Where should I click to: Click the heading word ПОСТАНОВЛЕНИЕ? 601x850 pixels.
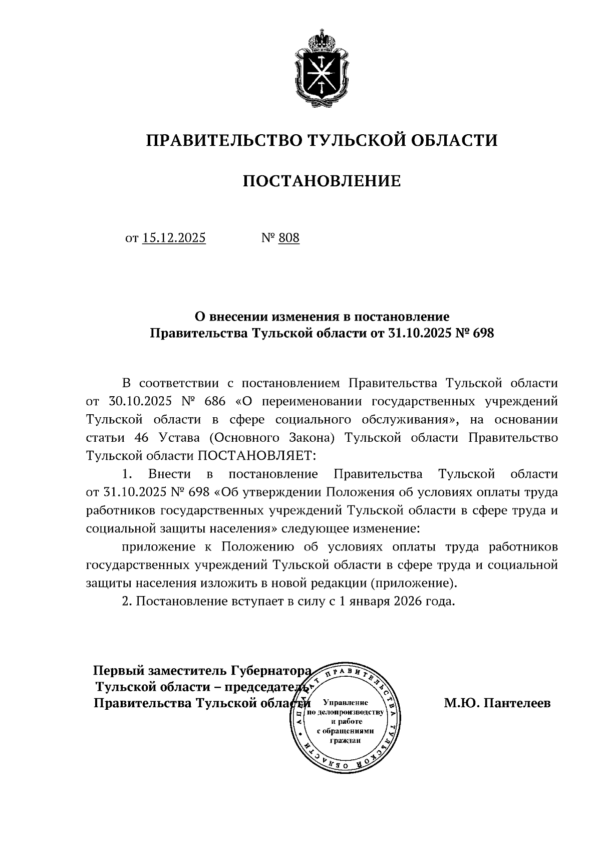click(x=322, y=181)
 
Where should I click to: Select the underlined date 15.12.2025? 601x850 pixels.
click(x=174, y=237)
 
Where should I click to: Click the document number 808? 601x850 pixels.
click(x=289, y=237)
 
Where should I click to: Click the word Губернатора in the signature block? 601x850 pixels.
click(x=271, y=670)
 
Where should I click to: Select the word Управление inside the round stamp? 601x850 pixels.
click(x=346, y=703)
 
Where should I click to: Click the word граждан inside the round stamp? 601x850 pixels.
click(x=346, y=742)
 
